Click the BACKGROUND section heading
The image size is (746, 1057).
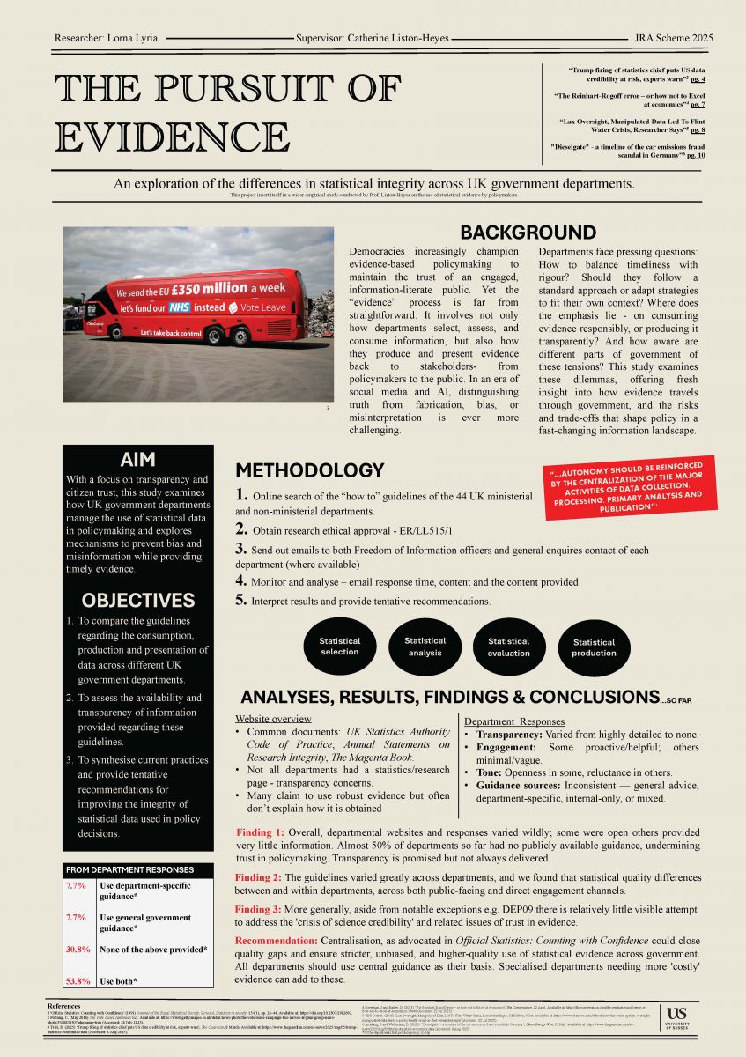pyautogui.click(x=528, y=233)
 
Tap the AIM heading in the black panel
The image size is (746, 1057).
pyautogui.click(x=137, y=459)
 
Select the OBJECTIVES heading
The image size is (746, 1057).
pyautogui.click(x=137, y=601)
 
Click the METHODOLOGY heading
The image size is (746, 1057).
pyautogui.click(x=309, y=470)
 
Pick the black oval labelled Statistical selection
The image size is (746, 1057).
pyautogui.click(x=339, y=647)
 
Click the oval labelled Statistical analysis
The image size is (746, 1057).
pyautogui.click(x=425, y=647)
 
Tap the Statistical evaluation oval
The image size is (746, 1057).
pyautogui.click(x=509, y=647)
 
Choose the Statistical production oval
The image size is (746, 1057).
pyautogui.click(x=594, y=647)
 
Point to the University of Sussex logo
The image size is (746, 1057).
pyautogui.click(x=678, y=1020)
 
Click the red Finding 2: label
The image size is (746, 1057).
pyautogui.click(x=259, y=877)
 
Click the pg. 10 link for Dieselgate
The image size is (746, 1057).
pyautogui.click(x=696, y=154)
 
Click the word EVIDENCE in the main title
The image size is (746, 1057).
pyautogui.click(x=174, y=137)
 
